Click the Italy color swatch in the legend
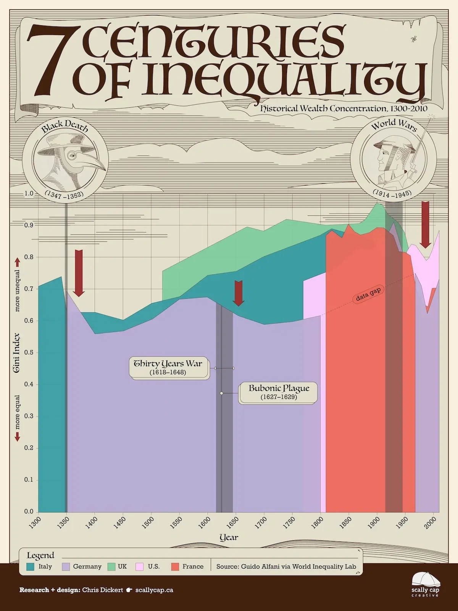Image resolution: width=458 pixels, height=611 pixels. (31, 567)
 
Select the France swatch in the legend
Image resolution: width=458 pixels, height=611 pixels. (175, 567)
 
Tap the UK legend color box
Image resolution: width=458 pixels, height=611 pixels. (111, 567)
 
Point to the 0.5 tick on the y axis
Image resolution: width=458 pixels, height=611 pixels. (29, 352)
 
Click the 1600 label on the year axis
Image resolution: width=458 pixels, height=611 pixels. (205, 522)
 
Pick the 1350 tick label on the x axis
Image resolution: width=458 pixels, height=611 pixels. (63, 522)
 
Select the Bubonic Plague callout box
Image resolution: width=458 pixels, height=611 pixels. (279, 392)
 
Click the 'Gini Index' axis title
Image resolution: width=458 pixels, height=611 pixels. (16, 353)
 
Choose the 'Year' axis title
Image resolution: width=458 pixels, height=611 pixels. (229, 538)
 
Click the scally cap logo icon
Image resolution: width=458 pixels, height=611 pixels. (425, 580)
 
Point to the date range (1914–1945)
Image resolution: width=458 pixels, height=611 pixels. (392, 194)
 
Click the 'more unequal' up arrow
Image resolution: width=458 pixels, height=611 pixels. (17, 262)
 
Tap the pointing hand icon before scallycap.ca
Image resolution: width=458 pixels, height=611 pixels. (129, 590)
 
